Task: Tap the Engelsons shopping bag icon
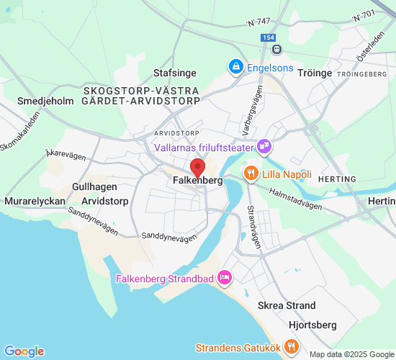tap(235, 67)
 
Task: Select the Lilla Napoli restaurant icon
tap(251, 174)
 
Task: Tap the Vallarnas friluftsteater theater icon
tap(265, 147)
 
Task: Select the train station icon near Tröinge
tap(276, 48)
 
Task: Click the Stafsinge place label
tap(174, 73)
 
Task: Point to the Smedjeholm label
tap(45, 102)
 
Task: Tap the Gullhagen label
tap(90, 186)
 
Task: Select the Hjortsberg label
tap(313, 324)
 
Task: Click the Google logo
tap(24, 351)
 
